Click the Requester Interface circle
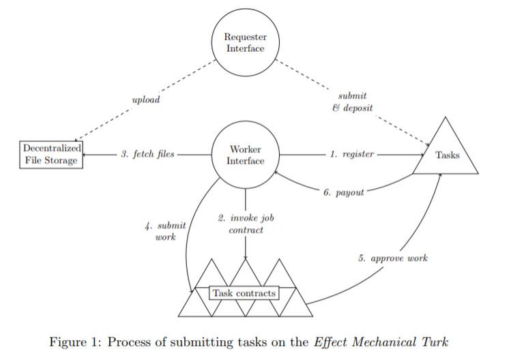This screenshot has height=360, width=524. click(246, 42)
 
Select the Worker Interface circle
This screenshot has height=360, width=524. click(246, 155)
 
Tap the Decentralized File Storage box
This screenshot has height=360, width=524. click(52, 155)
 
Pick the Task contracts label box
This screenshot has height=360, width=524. click(244, 293)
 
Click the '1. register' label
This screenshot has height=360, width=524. click(352, 155)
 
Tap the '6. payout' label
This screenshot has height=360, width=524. click(343, 192)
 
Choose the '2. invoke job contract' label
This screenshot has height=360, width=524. click(246, 224)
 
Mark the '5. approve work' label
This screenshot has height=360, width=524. click(392, 259)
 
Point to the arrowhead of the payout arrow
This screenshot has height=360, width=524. click(276, 174)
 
